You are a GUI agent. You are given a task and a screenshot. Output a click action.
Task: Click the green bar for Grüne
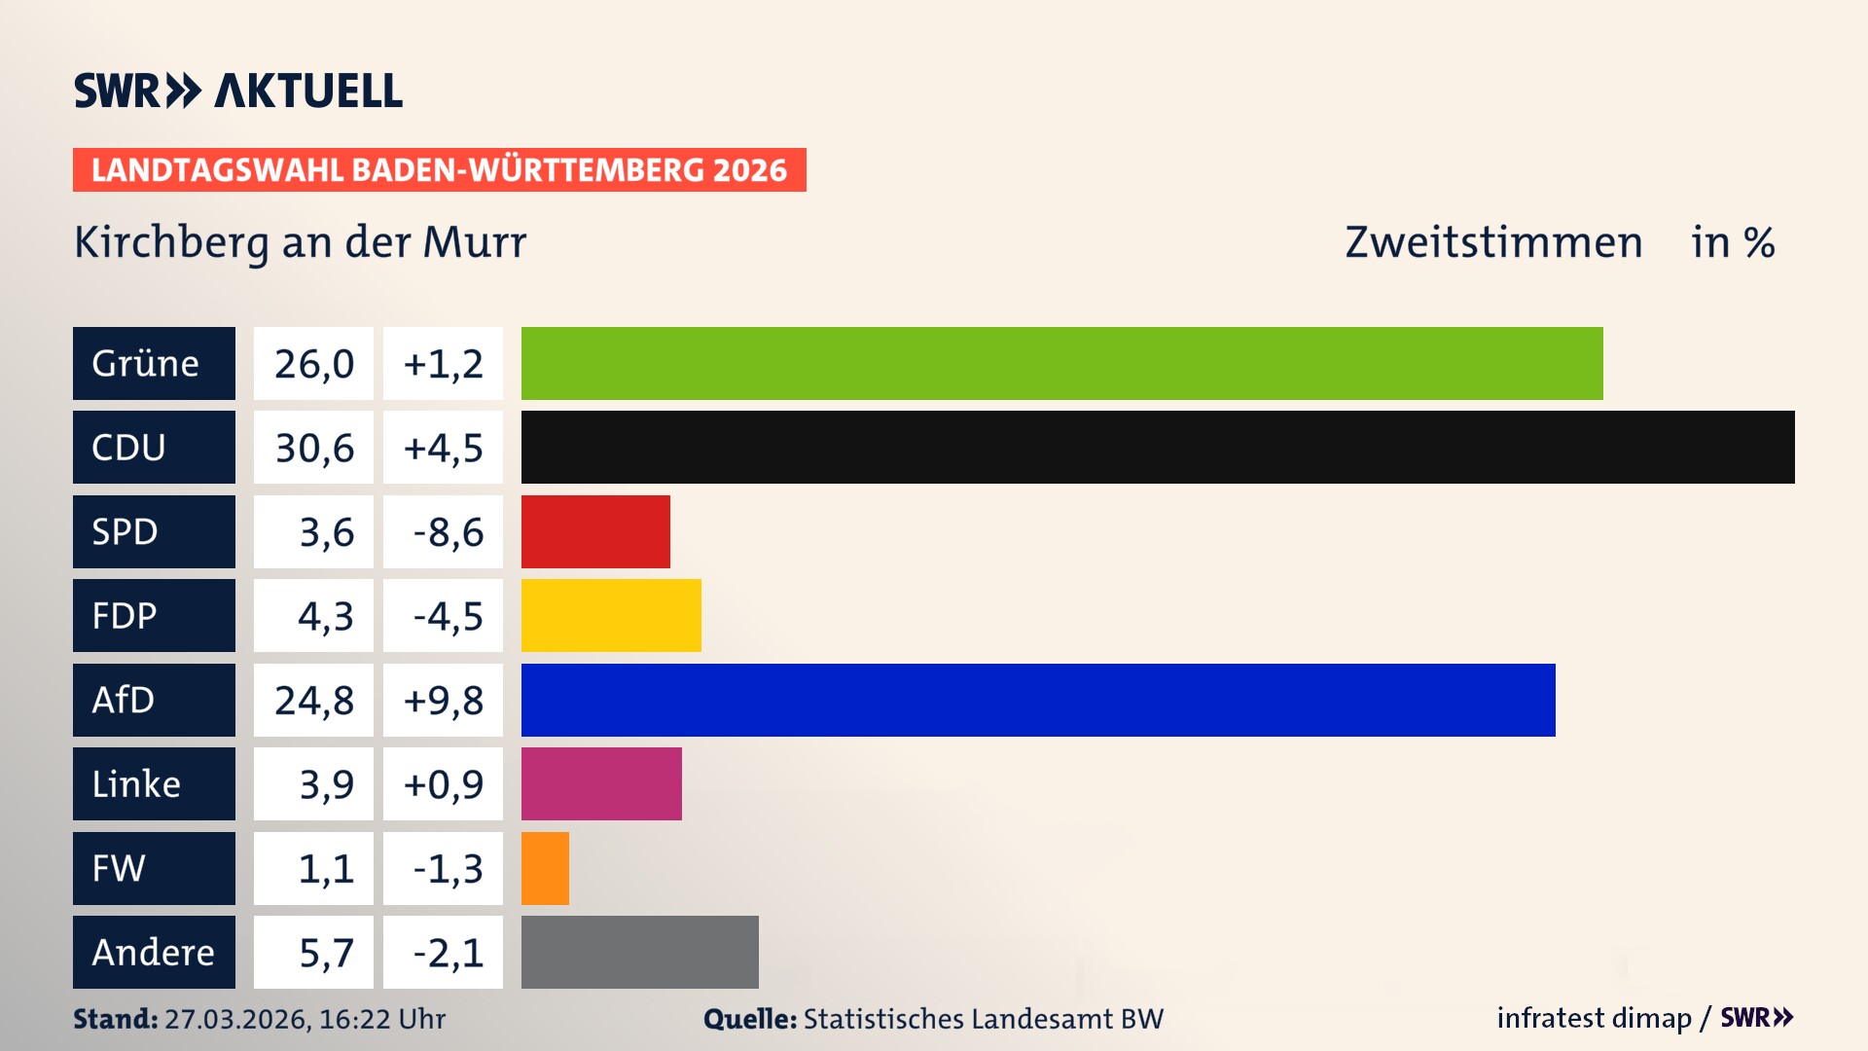click(x=1060, y=363)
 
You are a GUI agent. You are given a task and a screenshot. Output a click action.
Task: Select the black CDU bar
click(x=1158, y=448)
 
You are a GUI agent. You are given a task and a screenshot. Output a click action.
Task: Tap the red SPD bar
click(x=595, y=531)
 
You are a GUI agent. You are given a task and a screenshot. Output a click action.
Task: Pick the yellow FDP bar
click(x=611, y=615)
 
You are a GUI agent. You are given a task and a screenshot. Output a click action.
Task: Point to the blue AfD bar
click(x=1038, y=700)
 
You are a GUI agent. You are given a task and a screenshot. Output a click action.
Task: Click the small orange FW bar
click(x=545, y=868)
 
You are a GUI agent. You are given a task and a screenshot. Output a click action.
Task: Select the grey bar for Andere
click(x=639, y=952)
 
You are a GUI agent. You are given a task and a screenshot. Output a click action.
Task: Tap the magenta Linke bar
click(x=601, y=783)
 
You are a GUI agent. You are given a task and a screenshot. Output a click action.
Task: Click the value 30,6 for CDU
click(x=313, y=448)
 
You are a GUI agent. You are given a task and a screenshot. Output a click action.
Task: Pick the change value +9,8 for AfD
click(x=443, y=700)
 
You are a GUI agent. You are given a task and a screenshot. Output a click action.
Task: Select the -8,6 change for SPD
click(x=447, y=531)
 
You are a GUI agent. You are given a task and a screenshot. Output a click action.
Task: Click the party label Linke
click(x=136, y=783)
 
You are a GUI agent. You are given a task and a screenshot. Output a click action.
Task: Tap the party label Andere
click(x=153, y=952)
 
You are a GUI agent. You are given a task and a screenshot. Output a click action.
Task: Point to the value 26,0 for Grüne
click(x=313, y=363)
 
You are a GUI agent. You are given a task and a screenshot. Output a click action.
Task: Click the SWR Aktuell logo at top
click(x=238, y=91)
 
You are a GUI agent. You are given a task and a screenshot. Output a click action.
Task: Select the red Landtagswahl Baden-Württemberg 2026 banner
click(x=439, y=169)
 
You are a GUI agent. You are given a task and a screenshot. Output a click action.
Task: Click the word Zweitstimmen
click(x=1492, y=242)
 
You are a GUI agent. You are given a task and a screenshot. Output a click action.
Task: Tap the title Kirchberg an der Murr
click(x=300, y=242)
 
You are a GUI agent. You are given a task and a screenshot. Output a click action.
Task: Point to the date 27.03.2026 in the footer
click(x=236, y=1019)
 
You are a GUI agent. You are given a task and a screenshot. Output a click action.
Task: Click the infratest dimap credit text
click(x=1594, y=1018)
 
